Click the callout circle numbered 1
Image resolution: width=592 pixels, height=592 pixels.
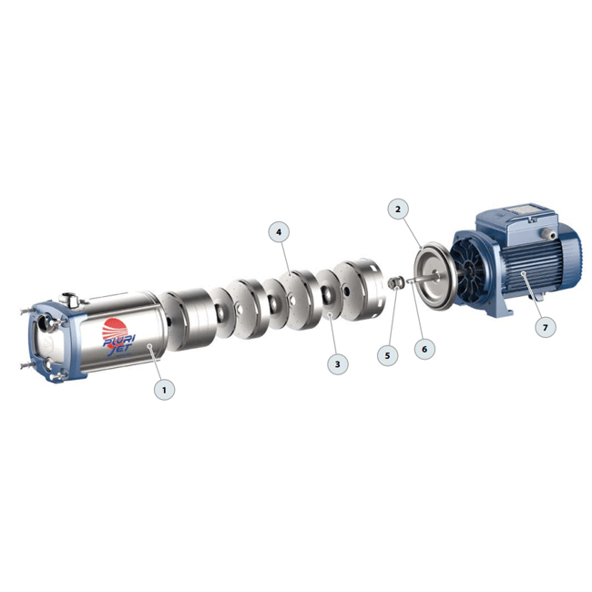click(164, 390)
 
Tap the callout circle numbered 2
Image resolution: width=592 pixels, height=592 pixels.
click(398, 209)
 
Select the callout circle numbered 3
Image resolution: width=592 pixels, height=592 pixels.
click(338, 364)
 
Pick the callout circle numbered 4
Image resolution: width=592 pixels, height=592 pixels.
click(279, 232)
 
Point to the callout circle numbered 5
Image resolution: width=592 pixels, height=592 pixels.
click(387, 355)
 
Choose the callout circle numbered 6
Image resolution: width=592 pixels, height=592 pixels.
click(424, 349)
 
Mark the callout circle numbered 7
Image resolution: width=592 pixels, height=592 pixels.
click(546, 327)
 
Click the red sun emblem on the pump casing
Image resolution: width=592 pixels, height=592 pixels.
click(115, 329)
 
